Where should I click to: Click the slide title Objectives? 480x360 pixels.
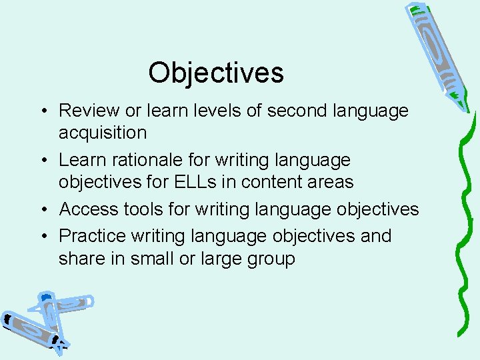(216, 73)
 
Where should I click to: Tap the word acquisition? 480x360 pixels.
(103, 133)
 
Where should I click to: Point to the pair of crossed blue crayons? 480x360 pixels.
(47, 320)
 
